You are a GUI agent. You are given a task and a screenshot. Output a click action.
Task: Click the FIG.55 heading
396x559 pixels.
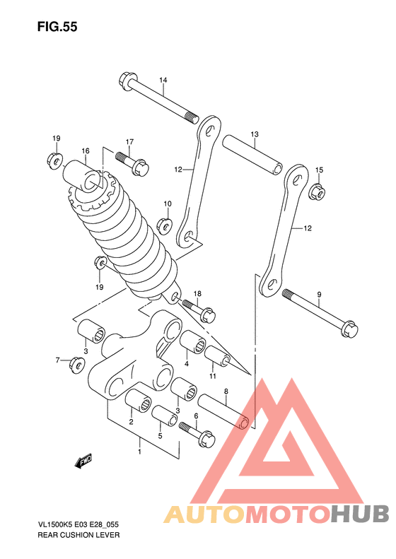tap(57, 27)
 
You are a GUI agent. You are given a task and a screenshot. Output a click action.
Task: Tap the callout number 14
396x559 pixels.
tap(163, 81)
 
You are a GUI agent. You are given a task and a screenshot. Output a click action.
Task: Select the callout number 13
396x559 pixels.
tap(255, 134)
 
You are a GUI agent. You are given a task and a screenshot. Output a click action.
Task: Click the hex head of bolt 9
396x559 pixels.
tap(349, 329)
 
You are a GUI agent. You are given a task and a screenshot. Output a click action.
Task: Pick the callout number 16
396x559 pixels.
tap(86, 151)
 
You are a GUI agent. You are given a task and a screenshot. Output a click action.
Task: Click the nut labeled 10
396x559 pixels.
tap(165, 225)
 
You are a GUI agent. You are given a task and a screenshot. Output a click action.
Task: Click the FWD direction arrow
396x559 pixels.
tap(83, 461)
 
